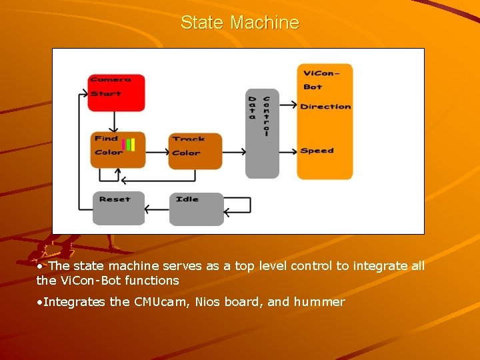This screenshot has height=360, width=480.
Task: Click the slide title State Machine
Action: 240,23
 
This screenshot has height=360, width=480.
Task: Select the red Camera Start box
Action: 116,93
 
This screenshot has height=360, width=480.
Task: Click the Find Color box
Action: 117,150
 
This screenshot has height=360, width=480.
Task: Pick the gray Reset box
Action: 118,208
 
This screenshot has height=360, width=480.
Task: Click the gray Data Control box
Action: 262,133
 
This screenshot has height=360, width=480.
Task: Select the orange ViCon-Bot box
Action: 325,121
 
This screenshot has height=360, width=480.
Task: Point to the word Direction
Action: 325,107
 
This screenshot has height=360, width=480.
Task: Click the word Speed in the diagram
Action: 317,151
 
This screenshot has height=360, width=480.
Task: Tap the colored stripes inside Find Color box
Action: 129,145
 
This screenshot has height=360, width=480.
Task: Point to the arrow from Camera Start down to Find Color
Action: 114,121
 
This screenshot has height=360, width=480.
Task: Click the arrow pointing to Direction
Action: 288,105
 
